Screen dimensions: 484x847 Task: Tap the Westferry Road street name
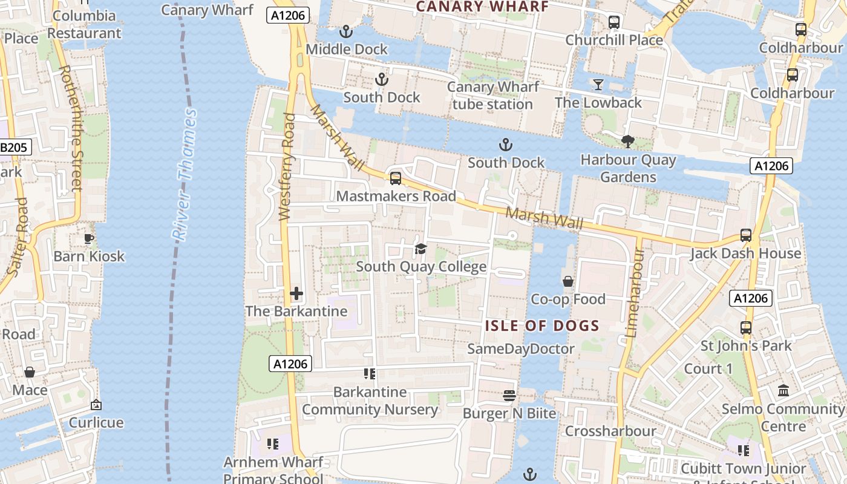click(x=287, y=166)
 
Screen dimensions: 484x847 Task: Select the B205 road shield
click(x=14, y=147)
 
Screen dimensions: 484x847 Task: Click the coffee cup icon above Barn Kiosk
click(x=89, y=238)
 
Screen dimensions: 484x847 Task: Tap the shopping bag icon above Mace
click(x=29, y=372)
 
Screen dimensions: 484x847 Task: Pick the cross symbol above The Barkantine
click(x=296, y=294)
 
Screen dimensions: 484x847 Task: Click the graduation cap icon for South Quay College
click(x=420, y=249)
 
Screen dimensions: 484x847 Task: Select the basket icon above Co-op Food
click(x=568, y=281)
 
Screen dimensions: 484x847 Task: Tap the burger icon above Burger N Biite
click(x=509, y=396)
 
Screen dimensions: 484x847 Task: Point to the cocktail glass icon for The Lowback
click(x=598, y=85)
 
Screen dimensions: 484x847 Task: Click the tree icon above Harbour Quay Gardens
click(x=627, y=142)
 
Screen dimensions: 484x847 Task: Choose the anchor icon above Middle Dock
click(x=346, y=31)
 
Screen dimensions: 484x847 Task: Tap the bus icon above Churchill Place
click(x=614, y=22)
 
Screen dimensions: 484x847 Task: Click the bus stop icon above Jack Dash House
click(x=745, y=235)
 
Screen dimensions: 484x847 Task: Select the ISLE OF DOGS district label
click(x=542, y=326)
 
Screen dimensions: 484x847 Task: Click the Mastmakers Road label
click(x=396, y=197)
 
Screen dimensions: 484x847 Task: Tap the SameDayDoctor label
click(x=521, y=349)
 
